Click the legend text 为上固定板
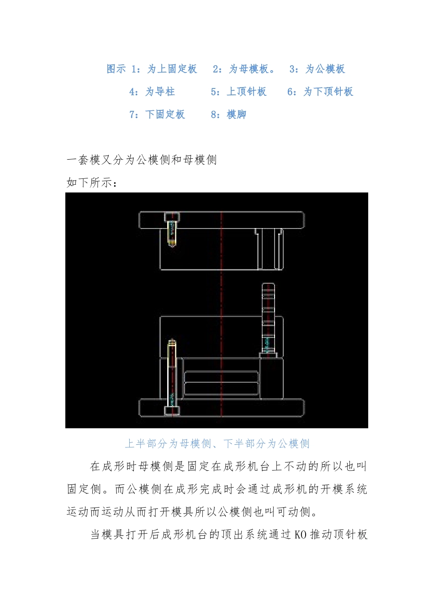(x=172, y=69)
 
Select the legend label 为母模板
(x=249, y=69)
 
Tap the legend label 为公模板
(x=325, y=69)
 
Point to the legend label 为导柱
(x=160, y=92)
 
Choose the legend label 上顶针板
(x=247, y=92)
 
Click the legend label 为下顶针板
(x=328, y=92)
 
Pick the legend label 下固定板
(x=165, y=114)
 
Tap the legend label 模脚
(x=237, y=114)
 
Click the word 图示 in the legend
(x=116, y=69)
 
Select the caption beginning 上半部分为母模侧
(x=217, y=443)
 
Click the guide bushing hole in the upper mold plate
(x=268, y=249)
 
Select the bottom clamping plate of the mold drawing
(x=222, y=408)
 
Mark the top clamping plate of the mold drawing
(x=222, y=220)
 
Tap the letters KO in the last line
(x=301, y=535)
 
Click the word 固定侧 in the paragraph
(x=84, y=489)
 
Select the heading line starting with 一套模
(x=142, y=160)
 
